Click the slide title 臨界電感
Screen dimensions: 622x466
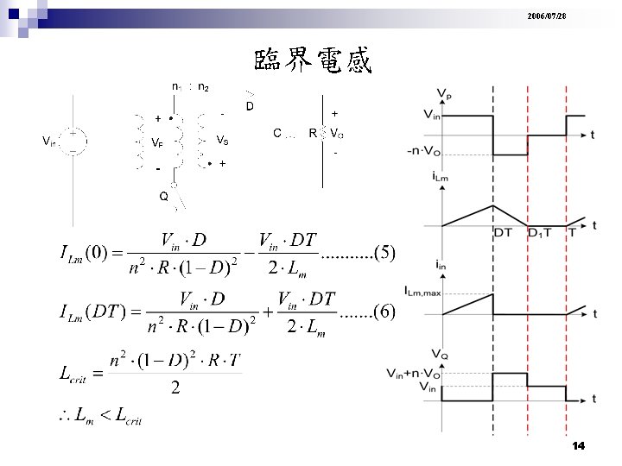313,60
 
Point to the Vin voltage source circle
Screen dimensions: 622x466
75,142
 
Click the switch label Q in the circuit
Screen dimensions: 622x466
163,196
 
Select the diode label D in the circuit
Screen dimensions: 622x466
250,106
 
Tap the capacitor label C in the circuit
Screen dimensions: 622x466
277,134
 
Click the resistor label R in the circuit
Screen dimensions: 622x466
312,134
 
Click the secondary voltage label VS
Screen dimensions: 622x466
222,140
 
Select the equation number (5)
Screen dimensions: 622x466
380,252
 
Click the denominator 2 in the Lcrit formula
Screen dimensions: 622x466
175,389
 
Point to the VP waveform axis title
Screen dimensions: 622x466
444,92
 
